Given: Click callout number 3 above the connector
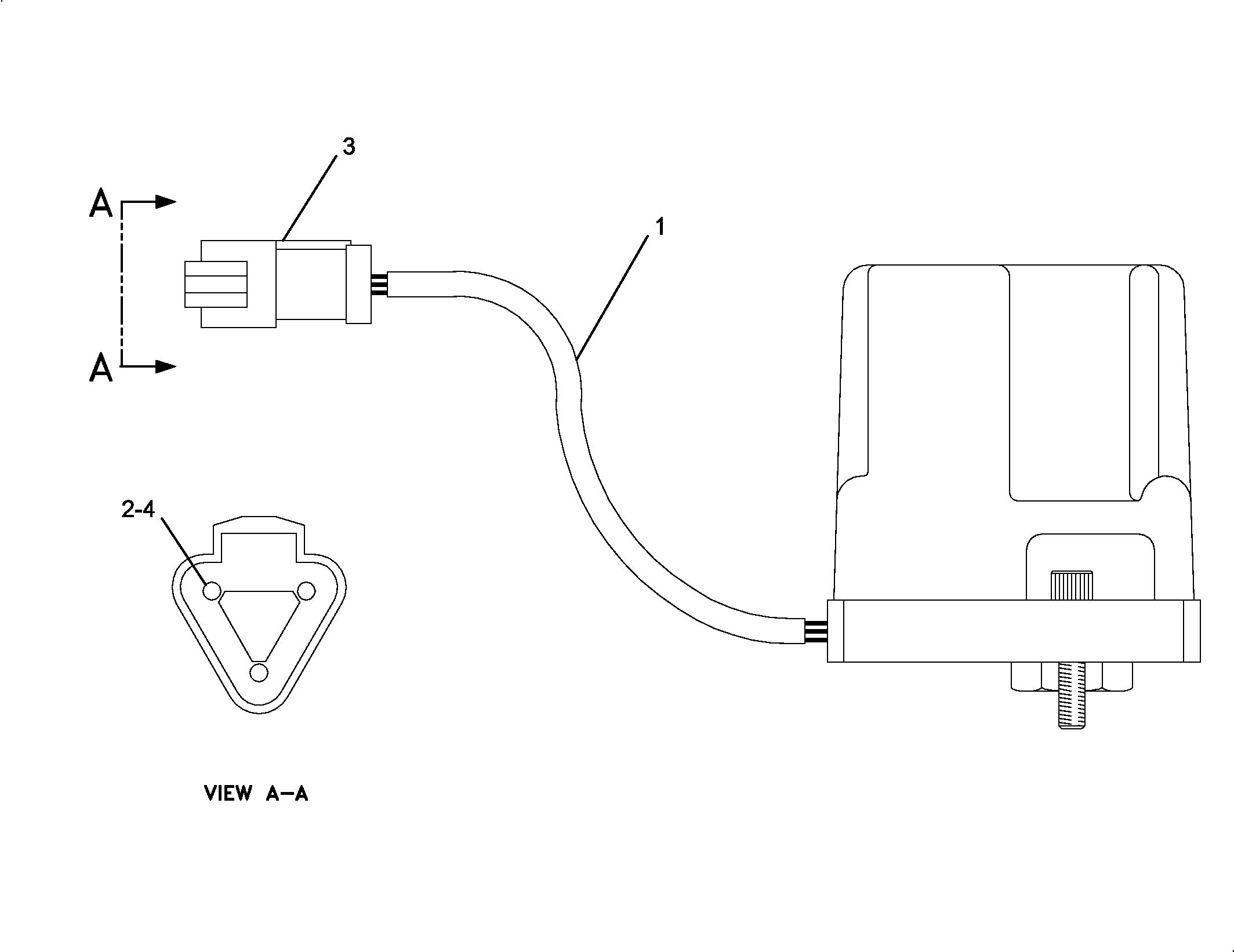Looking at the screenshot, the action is (x=349, y=147).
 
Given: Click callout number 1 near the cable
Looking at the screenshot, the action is (x=659, y=227).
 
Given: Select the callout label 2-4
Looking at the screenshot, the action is (x=138, y=510).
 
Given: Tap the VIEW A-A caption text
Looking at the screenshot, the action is (x=256, y=793).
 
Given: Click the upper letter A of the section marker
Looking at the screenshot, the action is (x=101, y=204).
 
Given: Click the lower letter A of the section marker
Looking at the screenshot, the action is (x=101, y=368).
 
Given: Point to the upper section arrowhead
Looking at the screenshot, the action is (x=166, y=202).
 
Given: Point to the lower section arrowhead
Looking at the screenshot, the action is (x=166, y=366).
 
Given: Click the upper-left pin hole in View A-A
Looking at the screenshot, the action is (x=212, y=591).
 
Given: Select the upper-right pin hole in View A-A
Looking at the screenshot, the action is (x=306, y=591).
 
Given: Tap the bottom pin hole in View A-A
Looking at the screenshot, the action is (x=259, y=673).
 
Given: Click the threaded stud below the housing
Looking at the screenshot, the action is (x=1072, y=695).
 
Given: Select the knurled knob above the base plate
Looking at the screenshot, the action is (x=1072, y=586).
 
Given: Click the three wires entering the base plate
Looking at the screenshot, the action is (x=816, y=631).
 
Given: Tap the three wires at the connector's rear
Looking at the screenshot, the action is (x=379, y=285).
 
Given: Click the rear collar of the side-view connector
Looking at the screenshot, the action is (x=358, y=284).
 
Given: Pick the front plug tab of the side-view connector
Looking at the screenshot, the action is (x=216, y=284).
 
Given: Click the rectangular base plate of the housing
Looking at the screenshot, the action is (x=1014, y=631).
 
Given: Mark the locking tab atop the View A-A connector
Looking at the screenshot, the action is (x=259, y=538).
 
